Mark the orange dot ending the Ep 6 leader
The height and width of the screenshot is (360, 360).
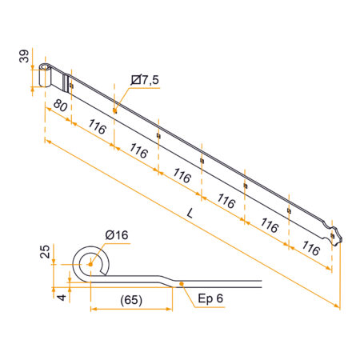(x=182, y=283)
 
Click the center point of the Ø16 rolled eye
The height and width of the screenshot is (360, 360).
(x=90, y=265)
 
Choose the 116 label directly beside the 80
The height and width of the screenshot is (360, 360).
(x=97, y=127)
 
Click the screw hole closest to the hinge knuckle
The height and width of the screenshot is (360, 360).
(x=71, y=84)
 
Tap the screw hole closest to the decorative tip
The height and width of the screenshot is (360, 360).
(x=289, y=210)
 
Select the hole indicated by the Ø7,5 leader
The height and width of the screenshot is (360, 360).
(x=115, y=109)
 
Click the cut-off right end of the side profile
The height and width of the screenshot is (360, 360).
(x=262, y=283)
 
